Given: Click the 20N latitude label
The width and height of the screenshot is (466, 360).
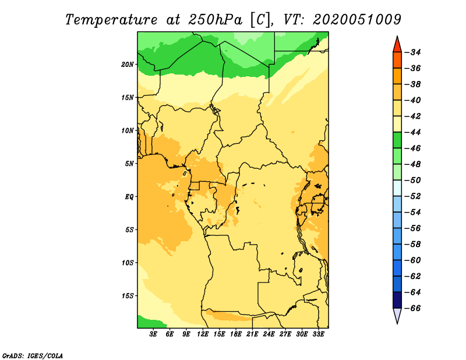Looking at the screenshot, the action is [x=128, y=64].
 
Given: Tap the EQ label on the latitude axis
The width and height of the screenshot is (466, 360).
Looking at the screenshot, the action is [x=129, y=197].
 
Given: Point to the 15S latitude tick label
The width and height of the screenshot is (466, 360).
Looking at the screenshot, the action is [x=128, y=296].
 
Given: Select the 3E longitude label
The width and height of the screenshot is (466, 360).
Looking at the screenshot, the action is [x=153, y=334].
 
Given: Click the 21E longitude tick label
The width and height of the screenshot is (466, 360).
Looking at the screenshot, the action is [x=252, y=334].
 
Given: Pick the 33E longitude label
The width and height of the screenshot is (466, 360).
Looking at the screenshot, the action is [x=318, y=334].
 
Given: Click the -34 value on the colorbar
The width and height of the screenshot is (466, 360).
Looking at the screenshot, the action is [x=413, y=52].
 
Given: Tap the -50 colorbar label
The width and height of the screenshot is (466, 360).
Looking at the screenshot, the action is [x=413, y=181].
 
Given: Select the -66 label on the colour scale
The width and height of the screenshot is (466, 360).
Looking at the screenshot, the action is [x=413, y=308].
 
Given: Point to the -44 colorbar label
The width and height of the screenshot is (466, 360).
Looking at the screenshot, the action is [x=413, y=132].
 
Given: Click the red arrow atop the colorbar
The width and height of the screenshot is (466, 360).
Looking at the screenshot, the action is [x=397, y=45].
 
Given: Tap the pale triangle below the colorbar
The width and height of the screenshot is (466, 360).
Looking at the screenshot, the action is [x=397, y=315].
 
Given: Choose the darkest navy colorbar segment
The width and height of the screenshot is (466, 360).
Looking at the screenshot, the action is [x=397, y=300].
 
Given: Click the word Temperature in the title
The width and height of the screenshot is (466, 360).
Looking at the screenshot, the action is [x=111, y=20].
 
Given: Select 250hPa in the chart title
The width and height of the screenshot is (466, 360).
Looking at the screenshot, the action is [x=215, y=20].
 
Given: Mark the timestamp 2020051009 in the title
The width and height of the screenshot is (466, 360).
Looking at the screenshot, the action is [x=357, y=20].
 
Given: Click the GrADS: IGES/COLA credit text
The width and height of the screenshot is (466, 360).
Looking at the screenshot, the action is [x=33, y=356].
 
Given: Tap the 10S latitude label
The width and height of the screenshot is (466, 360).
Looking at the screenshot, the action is [x=128, y=263].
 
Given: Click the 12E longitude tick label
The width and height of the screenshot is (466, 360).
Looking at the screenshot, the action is [x=202, y=334].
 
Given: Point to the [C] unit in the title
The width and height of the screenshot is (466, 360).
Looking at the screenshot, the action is [x=261, y=20].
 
